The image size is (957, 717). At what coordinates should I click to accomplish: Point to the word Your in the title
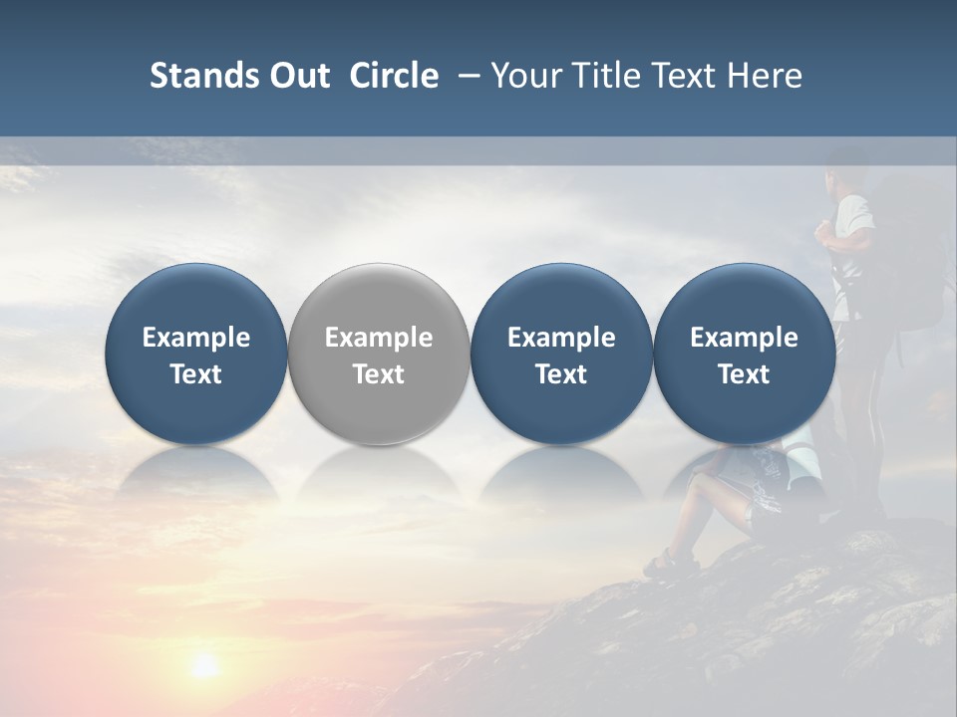[526, 76]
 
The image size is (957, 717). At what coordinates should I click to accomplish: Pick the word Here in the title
[764, 76]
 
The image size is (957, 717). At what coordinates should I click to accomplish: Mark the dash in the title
[465, 76]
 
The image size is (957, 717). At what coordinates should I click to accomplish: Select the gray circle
[379, 354]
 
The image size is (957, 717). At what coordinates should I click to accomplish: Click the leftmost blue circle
[196, 354]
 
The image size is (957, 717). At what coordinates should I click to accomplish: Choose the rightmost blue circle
[744, 354]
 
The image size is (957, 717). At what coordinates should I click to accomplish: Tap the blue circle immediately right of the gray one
[561, 354]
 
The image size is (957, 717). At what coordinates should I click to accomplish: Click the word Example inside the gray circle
[379, 338]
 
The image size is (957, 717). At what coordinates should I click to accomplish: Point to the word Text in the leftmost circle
[196, 374]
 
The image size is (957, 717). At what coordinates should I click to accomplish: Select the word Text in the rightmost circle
[744, 374]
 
